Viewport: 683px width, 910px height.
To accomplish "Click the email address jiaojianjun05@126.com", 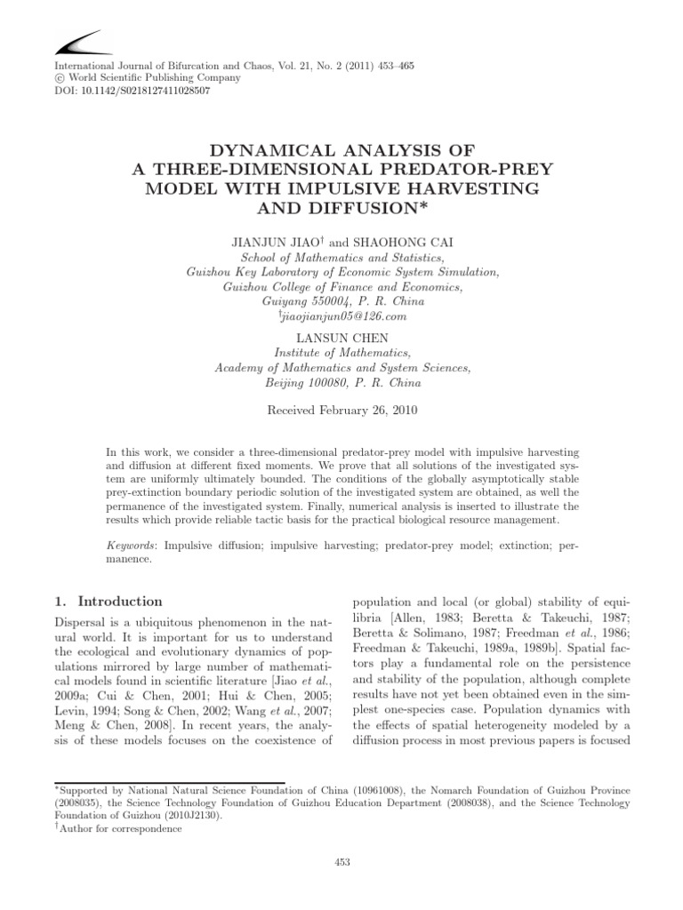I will [x=342, y=316].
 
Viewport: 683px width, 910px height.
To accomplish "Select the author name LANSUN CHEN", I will [x=341, y=337].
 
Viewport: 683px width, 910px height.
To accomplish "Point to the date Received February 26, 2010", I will [x=341, y=411].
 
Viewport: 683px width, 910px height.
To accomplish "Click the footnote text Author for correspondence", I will [x=137, y=828].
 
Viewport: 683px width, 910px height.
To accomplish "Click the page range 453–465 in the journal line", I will [x=388, y=67].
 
